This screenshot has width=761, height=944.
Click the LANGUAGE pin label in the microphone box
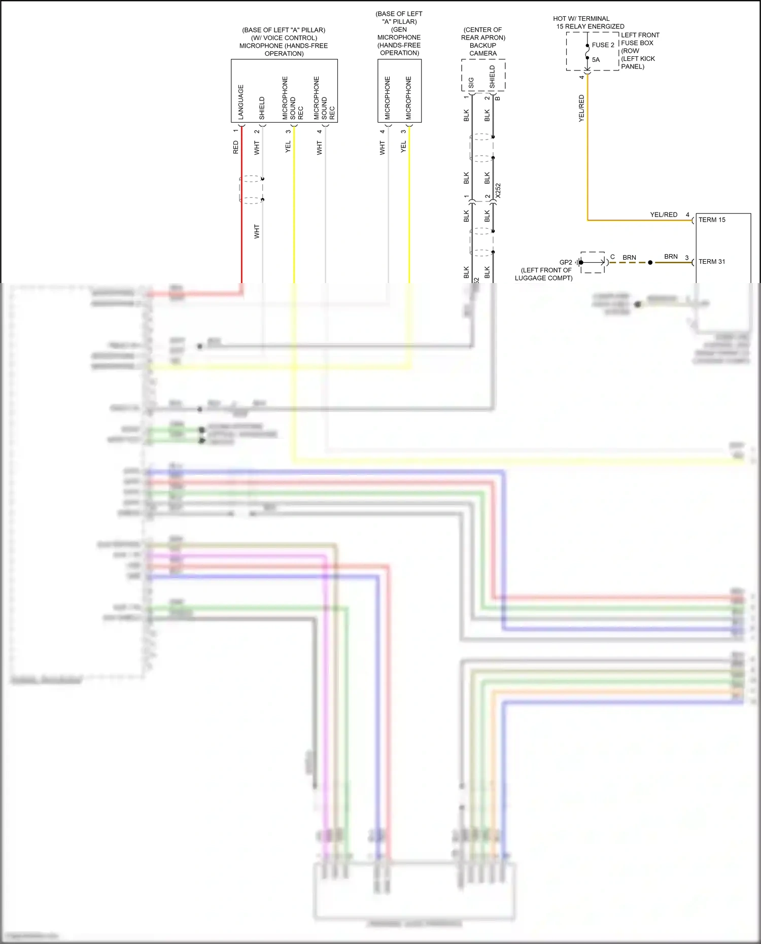241,101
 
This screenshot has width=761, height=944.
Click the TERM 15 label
712,220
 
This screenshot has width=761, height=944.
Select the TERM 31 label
712,262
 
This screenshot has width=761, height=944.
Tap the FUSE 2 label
603,45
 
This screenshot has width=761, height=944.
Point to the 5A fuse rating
596,60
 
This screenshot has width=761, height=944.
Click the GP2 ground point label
565,262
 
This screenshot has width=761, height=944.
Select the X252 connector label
498,191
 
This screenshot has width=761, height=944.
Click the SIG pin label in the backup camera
471,83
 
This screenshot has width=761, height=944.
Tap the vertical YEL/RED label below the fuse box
581,108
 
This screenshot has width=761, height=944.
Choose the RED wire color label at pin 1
235,148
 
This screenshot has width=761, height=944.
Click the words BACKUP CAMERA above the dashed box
483,49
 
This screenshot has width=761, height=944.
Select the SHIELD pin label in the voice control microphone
262,108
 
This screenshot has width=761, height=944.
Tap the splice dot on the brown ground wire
650,263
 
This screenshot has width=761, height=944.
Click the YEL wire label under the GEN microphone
403,147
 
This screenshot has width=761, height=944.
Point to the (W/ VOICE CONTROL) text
284,38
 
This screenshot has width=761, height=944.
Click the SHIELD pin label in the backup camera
492,77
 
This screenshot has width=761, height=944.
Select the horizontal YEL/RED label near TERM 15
664,215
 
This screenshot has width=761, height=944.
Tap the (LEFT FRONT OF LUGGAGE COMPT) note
544,274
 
